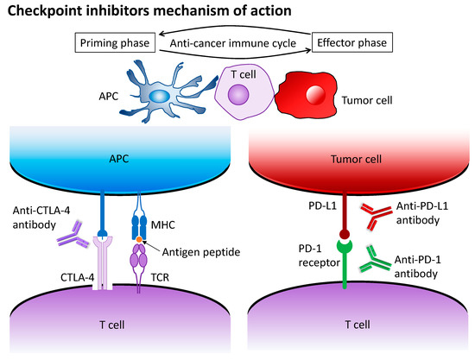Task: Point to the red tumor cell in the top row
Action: [x=307, y=93]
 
